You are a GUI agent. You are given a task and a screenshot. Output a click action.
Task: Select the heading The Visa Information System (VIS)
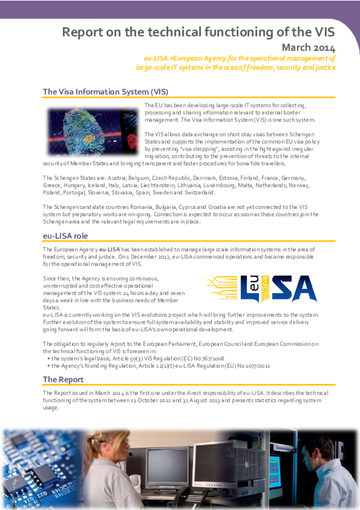point(105,92)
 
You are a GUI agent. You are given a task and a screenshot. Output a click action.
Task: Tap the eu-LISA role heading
point(65,236)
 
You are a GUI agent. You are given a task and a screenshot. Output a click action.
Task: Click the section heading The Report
point(63,380)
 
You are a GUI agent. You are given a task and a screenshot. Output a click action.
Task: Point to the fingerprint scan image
point(92,131)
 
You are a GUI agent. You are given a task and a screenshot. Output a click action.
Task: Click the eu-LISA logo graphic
point(257,288)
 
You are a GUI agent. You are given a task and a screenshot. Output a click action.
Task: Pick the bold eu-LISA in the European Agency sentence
point(110,249)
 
